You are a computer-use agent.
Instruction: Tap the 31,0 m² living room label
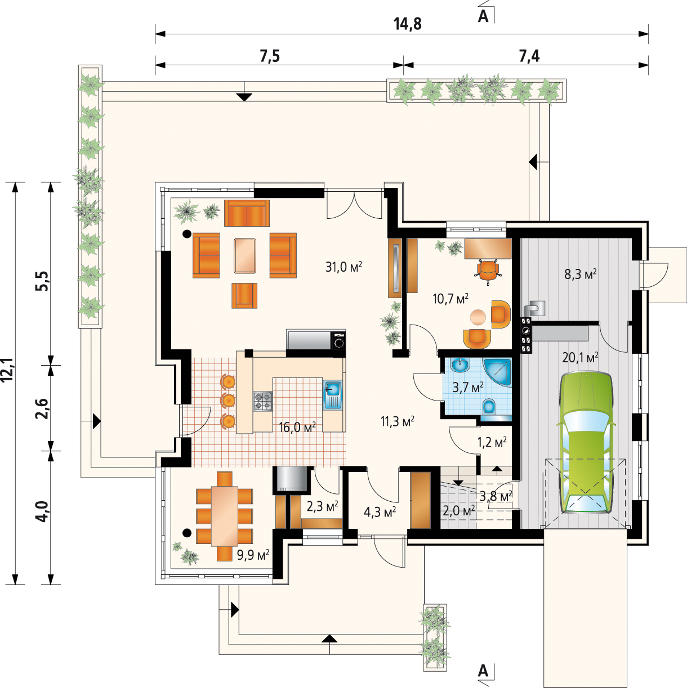pyautogui.click(x=344, y=267)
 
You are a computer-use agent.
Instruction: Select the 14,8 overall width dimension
pyautogui.click(x=408, y=24)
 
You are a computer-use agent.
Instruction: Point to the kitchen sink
pyautogui.click(x=333, y=395)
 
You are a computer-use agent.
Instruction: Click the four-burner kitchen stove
pyautogui.click(x=263, y=401)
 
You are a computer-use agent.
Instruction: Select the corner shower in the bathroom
pyautogui.click(x=498, y=372)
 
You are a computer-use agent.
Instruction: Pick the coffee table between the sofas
pyautogui.click(x=245, y=256)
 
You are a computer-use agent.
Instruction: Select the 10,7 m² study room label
pyautogui.click(x=450, y=299)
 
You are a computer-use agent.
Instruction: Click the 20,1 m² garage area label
pyautogui.click(x=580, y=357)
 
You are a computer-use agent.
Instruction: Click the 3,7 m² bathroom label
pyautogui.click(x=468, y=387)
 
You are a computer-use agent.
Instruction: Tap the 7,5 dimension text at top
pyautogui.click(x=270, y=56)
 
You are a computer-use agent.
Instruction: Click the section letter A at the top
pyautogui.click(x=483, y=16)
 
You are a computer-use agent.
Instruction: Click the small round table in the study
pyautogui.click(x=478, y=317)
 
